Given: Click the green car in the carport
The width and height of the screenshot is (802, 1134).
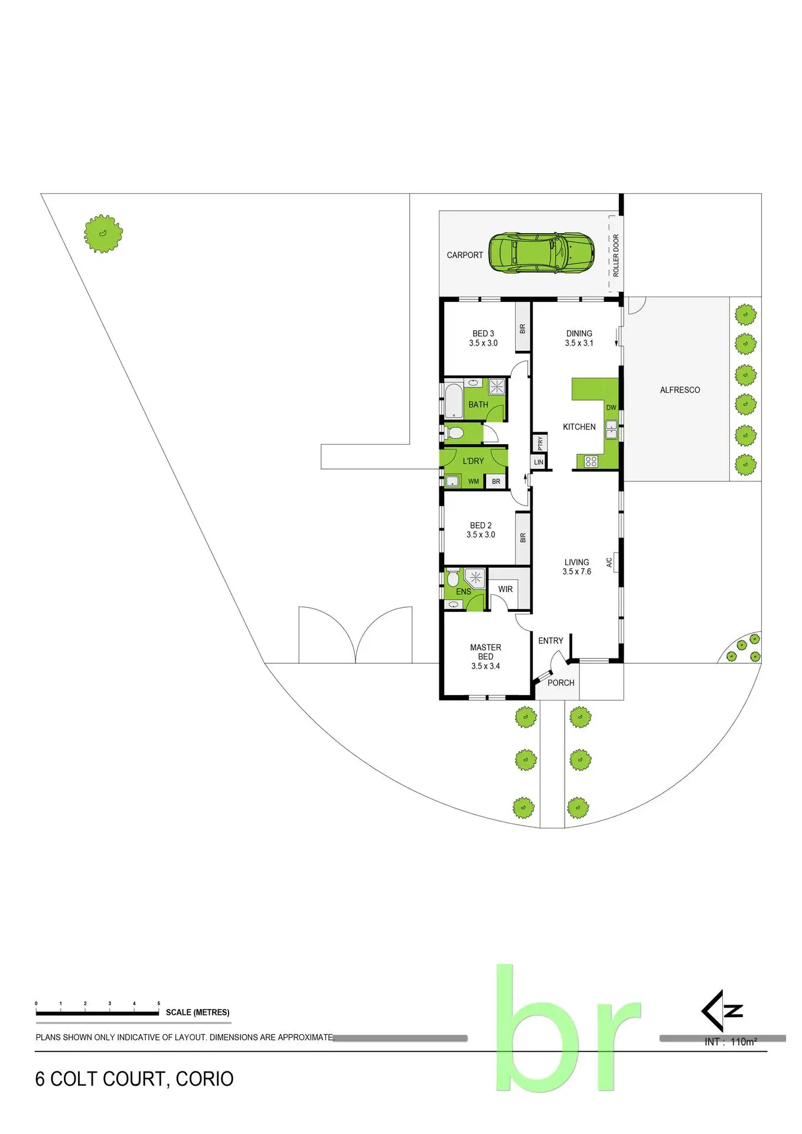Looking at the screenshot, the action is [x=541, y=253].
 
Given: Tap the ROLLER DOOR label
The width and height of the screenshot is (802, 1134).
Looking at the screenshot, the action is [x=616, y=255].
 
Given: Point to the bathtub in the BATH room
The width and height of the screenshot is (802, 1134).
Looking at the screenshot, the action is [x=454, y=401].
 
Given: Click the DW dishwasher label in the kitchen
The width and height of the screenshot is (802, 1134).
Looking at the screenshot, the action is [x=611, y=408].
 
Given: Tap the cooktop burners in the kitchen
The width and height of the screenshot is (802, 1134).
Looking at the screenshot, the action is [x=591, y=462].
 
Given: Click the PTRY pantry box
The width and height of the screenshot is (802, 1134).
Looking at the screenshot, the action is [x=540, y=443].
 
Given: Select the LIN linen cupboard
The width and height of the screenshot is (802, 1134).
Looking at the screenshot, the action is [x=539, y=462].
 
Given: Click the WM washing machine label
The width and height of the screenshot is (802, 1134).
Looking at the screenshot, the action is [x=474, y=482].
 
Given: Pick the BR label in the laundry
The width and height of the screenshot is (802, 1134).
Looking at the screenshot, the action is [x=496, y=482].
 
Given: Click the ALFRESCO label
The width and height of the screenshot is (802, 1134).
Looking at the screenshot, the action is [x=680, y=390].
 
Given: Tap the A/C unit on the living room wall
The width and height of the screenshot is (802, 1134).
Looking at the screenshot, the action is [x=614, y=562].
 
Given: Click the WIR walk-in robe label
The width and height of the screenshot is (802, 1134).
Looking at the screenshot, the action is [x=506, y=589].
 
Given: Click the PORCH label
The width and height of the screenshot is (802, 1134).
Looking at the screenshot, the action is [x=560, y=683].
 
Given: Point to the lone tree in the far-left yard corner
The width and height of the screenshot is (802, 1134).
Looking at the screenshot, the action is [x=103, y=234].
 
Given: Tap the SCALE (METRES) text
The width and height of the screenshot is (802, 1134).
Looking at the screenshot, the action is [x=197, y=1012].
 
